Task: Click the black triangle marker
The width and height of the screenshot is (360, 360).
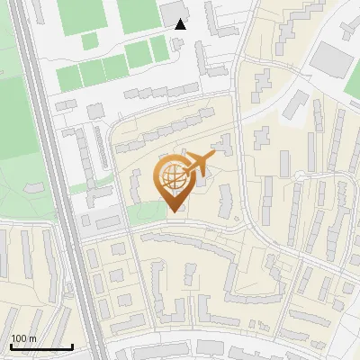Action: point(181,24)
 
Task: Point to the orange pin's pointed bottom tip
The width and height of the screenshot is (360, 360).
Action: point(174,211)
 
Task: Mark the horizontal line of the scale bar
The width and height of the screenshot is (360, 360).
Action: point(41,347)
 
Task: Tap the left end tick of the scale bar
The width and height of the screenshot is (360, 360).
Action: point(11,346)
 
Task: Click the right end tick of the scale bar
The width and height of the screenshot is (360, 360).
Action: point(72,346)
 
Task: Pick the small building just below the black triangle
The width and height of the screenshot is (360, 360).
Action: point(187,45)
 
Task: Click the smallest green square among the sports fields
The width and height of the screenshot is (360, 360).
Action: point(89,40)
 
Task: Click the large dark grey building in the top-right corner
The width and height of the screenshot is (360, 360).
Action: point(334,58)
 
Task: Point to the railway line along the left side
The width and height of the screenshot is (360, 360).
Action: point(56,180)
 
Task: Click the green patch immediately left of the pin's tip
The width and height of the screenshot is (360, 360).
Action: point(144,214)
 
